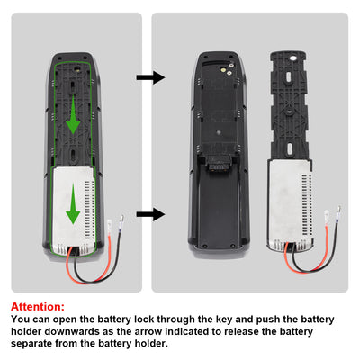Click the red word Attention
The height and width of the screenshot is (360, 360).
click(38, 306)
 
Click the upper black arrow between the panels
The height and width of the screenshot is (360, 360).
click(155, 77)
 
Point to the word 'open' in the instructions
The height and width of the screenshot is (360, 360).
click(70, 319)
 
